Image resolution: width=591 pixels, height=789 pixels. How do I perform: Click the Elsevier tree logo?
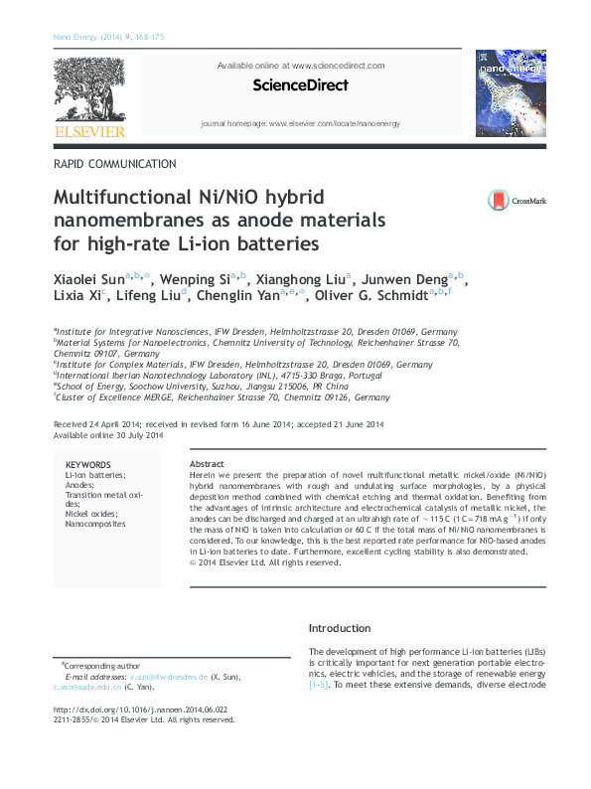[x=88, y=93]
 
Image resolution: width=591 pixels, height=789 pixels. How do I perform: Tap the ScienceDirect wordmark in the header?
[x=300, y=85]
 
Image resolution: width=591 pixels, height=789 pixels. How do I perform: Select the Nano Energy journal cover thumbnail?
[x=511, y=93]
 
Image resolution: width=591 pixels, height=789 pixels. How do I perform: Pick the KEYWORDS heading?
[x=88, y=465]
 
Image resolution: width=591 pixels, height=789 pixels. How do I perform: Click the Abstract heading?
[x=207, y=464]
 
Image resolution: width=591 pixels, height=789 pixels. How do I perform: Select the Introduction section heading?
[x=340, y=628]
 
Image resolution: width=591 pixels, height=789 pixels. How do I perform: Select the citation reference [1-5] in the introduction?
[x=319, y=686]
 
